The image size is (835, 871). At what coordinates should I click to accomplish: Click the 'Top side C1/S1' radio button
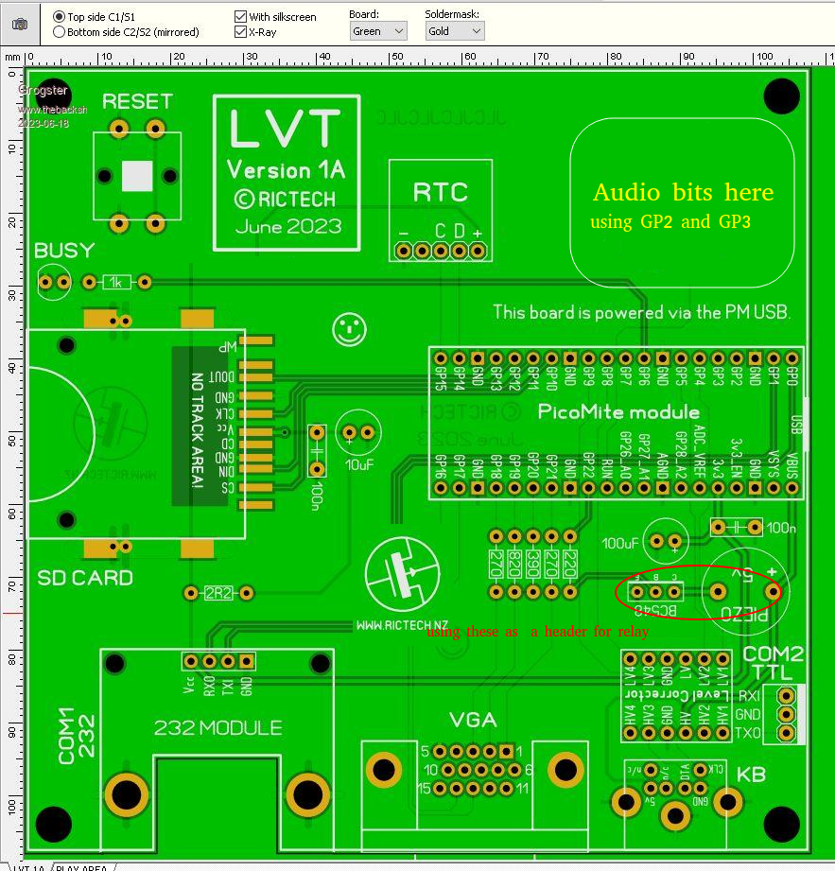tap(60, 17)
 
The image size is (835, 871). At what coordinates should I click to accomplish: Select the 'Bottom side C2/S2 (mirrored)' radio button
tap(60, 32)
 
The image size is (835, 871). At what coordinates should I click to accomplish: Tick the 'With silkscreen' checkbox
tap(240, 17)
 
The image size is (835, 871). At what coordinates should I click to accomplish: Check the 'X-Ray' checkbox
tap(240, 32)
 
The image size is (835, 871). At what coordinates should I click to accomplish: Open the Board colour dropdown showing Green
tap(377, 31)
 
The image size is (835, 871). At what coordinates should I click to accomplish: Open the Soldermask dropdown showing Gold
tap(454, 31)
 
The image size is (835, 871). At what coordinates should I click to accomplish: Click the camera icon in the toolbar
tap(20, 24)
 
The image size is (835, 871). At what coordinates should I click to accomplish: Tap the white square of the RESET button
tap(138, 175)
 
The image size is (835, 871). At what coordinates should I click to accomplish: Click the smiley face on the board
tap(350, 328)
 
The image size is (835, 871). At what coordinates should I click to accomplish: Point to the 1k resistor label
tap(117, 282)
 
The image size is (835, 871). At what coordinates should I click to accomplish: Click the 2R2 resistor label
tap(218, 593)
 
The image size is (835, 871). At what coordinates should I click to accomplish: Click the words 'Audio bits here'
tap(683, 193)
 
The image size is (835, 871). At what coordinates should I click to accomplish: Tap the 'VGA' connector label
tap(473, 720)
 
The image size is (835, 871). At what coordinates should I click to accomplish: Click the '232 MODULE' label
tap(217, 728)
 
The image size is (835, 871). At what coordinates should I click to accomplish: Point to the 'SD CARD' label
tap(85, 578)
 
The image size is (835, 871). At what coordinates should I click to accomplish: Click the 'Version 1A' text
tap(287, 170)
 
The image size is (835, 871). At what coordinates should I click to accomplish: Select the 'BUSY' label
tap(64, 251)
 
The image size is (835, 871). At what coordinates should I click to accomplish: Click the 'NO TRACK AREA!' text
tap(198, 430)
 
